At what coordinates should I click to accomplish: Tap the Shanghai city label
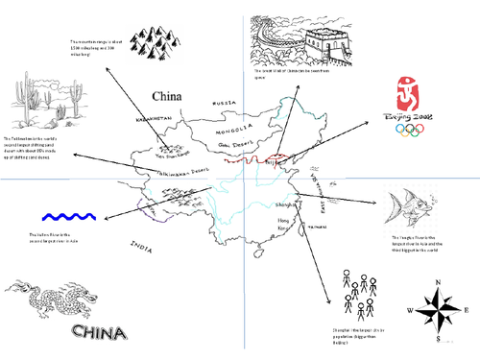[x=285, y=204]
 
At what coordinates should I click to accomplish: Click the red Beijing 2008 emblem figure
[x=409, y=94]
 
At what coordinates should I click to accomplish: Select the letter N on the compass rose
[x=438, y=282]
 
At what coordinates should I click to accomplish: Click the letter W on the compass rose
[x=410, y=311]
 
